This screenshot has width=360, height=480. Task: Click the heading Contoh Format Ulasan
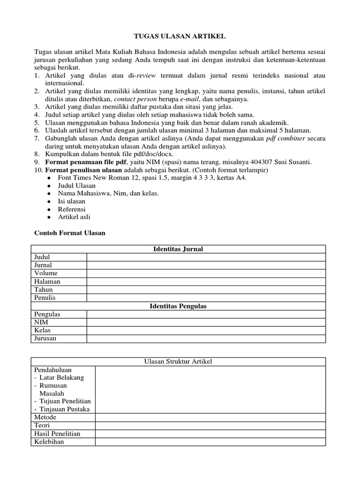pyautogui.click(x=70, y=233)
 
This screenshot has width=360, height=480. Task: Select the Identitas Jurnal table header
pyautogui.click(x=178, y=249)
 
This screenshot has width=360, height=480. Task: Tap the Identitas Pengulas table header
pyautogui.click(x=178, y=306)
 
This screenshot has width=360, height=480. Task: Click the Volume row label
pyautogui.click(x=46, y=273)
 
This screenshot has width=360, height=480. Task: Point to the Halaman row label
pyautogui.click(x=47, y=282)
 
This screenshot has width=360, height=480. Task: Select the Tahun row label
pyautogui.click(x=44, y=290)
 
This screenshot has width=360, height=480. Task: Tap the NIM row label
pyautogui.click(x=41, y=322)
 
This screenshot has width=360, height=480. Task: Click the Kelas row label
pyautogui.click(x=43, y=330)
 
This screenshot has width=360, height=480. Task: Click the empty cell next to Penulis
pyautogui.click(x=206, y=298)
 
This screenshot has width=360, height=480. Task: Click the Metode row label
pyautogui.click(x=45, y=417)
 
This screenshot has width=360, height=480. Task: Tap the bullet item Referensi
pyautogui.click(x=72, y=209)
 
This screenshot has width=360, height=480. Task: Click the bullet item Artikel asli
pyautogui.click(x=74, y=217)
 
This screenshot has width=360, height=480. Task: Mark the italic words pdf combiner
pyautogui.click(x=286, y=139)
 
